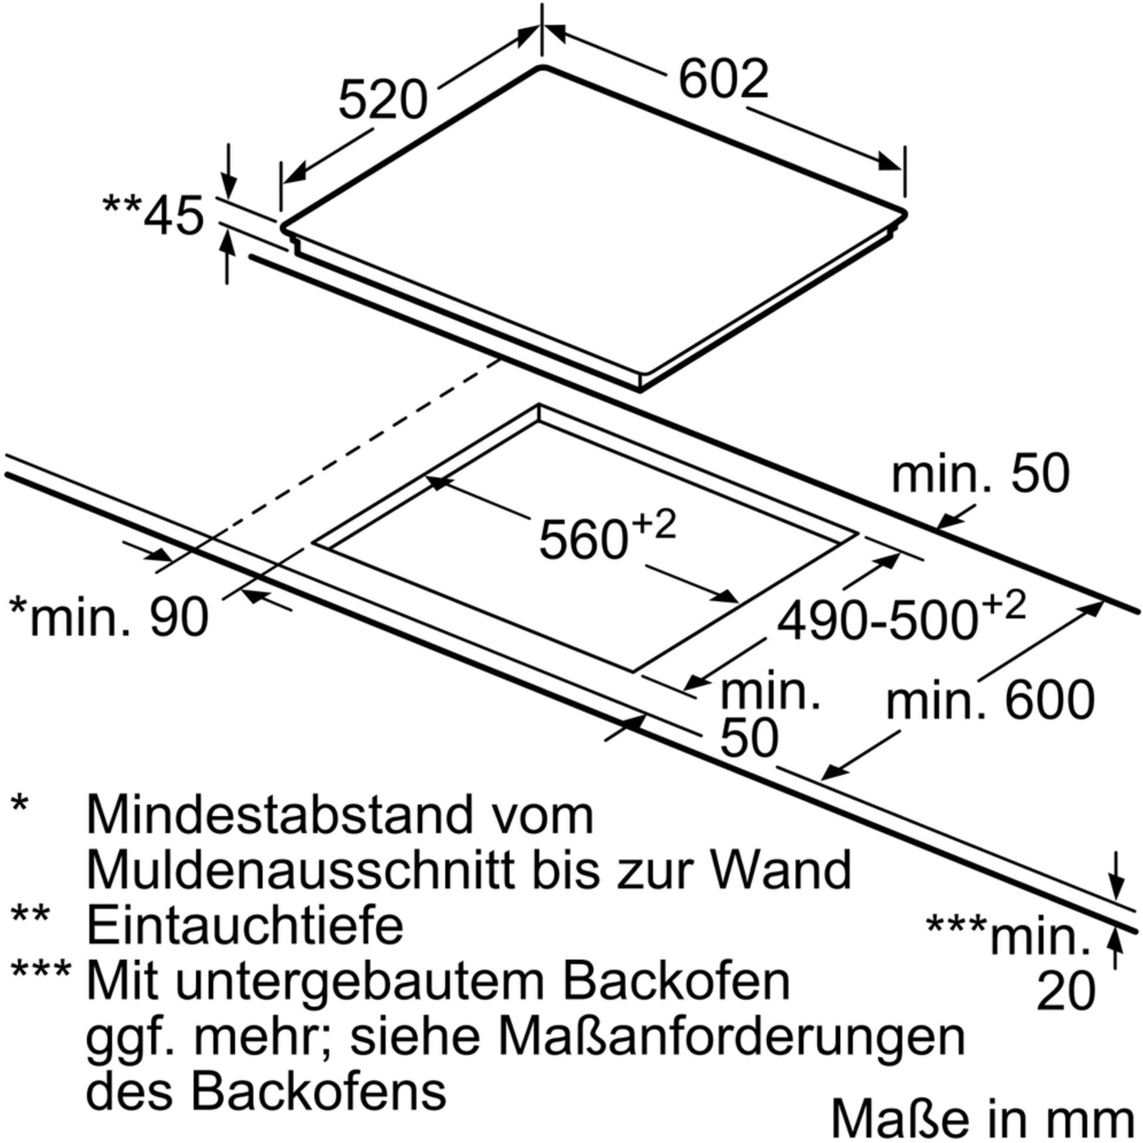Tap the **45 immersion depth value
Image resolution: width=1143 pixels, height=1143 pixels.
(153, 215)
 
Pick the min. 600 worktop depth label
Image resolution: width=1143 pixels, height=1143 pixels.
(990, 700)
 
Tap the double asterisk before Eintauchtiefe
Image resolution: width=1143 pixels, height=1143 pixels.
(29, 915)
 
